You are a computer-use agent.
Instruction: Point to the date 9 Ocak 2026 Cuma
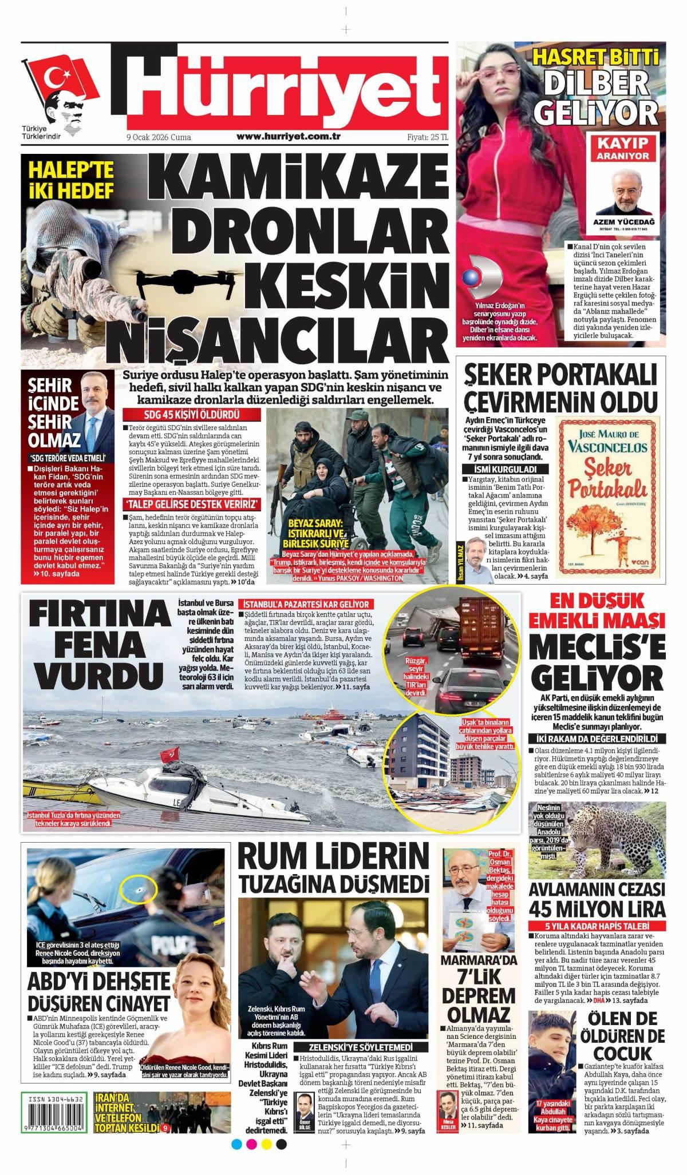[159, 137]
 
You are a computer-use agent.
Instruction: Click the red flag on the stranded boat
[169, 755]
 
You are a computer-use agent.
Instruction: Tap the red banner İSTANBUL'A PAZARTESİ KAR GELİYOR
[306, 604]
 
